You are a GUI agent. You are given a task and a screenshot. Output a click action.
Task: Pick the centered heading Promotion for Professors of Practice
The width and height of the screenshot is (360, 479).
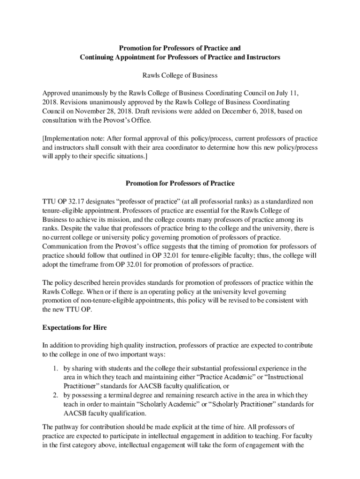pos(180,183)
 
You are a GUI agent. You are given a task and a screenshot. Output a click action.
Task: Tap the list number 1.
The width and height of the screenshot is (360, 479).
pos(55,368)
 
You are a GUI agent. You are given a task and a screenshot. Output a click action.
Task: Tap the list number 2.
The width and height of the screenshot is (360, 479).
pos(55,395)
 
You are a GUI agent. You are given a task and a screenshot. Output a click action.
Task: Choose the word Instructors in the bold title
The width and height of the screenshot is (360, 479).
pos(262,57)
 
